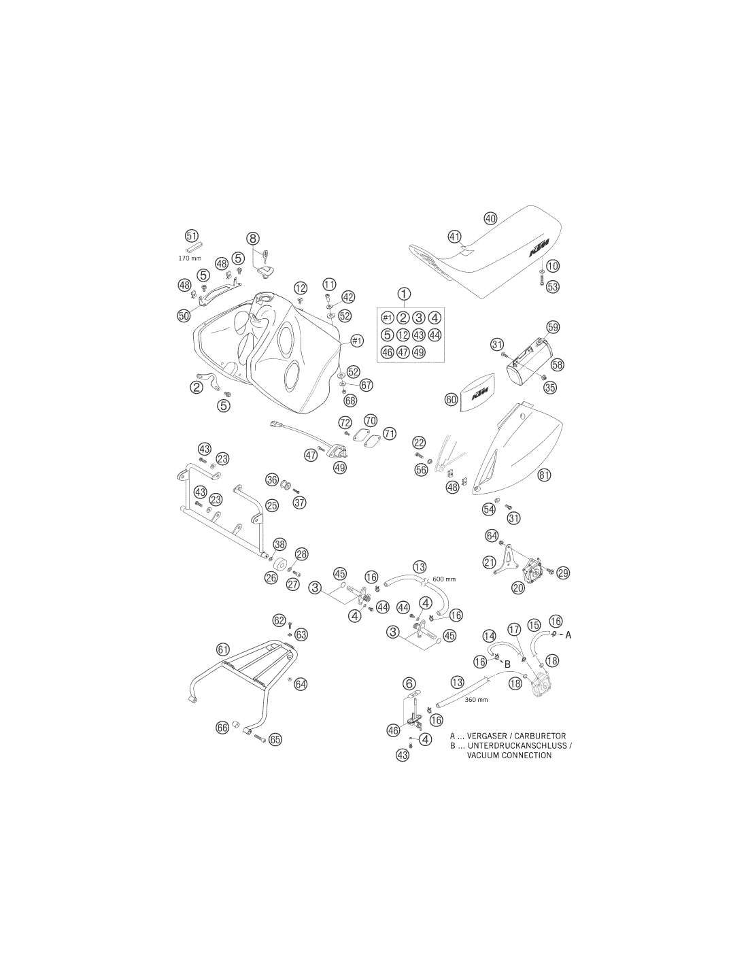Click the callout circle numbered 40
click(x=490, y=218)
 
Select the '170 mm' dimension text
click(x=190, y=258)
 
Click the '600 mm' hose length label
click(x=445, y=579)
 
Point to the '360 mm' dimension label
click(x=476, y=700)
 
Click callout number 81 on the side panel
click(x=544, y=475)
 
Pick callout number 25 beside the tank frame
click(x=272, y=505)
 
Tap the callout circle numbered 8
click(x=253, y=239)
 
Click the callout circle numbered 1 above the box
click(x=404, y=294)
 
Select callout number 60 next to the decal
click(x=452, y=400)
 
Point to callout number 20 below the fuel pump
click(x=518, y=588)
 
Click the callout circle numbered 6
click(x=409, y=683)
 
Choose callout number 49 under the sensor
click(x=340, y=467)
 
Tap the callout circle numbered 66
click(x=222, y=728)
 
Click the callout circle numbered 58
click(x=557, y=365)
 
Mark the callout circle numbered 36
click(x=272, y=479)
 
